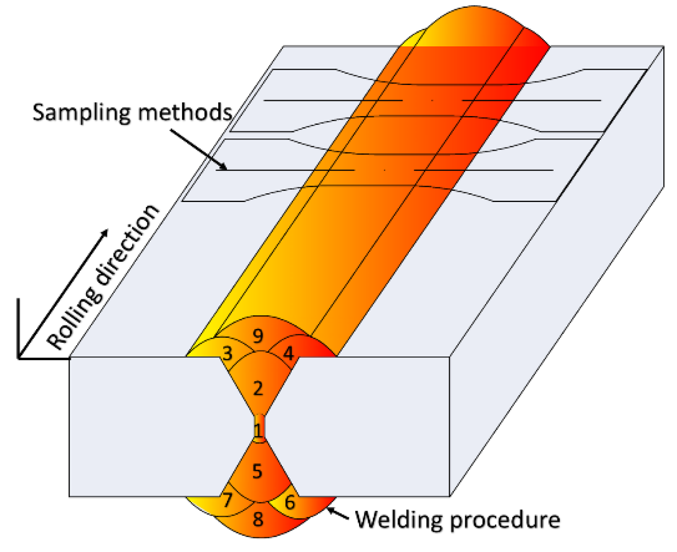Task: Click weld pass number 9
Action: pyautogui.click(x=258, y=336)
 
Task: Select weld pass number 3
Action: pyautogui.click(x=227, y=353)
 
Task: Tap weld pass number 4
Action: pyautogui.click(x=288, y=353)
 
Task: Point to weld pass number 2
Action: pyautogui.click(x=258, y=388)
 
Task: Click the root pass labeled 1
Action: pyautogui.click(x=258, y=430)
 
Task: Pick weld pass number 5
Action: pyautogui.click(x=258, y=471)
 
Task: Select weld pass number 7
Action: pyautogui.click(x=227, y=501)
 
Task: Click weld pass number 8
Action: pyautogui.click(x=258, y=519)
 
